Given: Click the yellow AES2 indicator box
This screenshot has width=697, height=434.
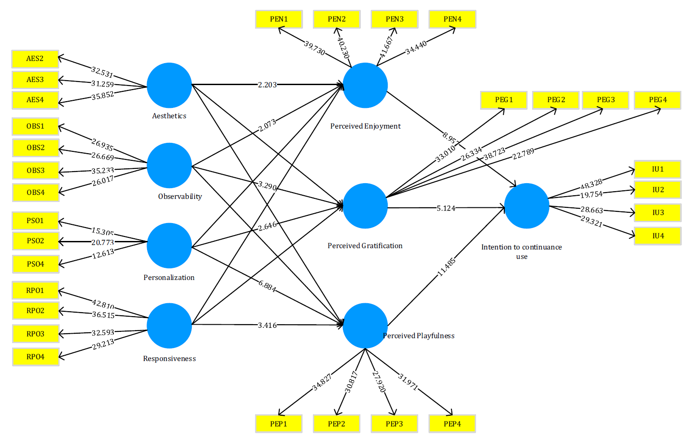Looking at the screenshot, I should pyautogui.click(x=35, y=59).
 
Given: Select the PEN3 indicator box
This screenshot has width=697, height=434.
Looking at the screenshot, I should pyautogui.click(x=394, y=19).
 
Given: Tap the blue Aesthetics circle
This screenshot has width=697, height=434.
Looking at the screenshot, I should pyautogui.click(x=169, y=85).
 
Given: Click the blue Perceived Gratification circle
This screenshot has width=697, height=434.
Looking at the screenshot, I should pyautogui.click(x=365, y=206).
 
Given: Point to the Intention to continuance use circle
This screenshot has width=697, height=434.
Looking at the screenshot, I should pyautogui.click(x=527, y=206).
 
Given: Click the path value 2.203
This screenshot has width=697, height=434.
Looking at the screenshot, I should pyautogui.click(x=267, y=85).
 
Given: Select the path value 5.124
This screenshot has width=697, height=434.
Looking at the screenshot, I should pyautogui.click(x=446, y=208).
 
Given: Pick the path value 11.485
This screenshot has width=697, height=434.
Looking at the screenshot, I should pyautogui.click(x=446, y=267).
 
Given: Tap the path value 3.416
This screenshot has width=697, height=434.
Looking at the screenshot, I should pyautogui.click(x=267, y=325).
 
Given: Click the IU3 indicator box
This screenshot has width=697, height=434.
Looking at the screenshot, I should pyautogui.click(x=658, y=213).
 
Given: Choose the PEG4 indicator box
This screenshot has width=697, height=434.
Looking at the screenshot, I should pyautogui.click(x=658, y=100).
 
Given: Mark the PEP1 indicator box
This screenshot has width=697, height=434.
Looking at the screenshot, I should pyautogui.click(x=278, y=424).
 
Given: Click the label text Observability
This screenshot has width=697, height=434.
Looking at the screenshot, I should pyautogui.click(x=180, y=196).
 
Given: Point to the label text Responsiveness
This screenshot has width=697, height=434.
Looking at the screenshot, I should pyautogui.click(x=169, y=358).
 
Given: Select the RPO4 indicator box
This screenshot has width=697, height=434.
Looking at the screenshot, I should pyautogui.click(x=35, y=357).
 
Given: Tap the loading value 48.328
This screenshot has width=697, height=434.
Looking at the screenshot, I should pyautogui.click(x=591, y=184).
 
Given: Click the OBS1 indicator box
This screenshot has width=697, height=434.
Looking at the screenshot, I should pyautogui.click(x=35, y=126).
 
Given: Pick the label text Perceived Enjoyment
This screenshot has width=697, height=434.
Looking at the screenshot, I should pyautogui.click(x=365, y=126).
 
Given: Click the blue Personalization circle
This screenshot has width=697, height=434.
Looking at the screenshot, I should pyautogui.click(x=169, y=245).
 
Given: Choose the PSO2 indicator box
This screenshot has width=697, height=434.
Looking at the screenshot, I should pyautogui.click(x=35, y=241).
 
